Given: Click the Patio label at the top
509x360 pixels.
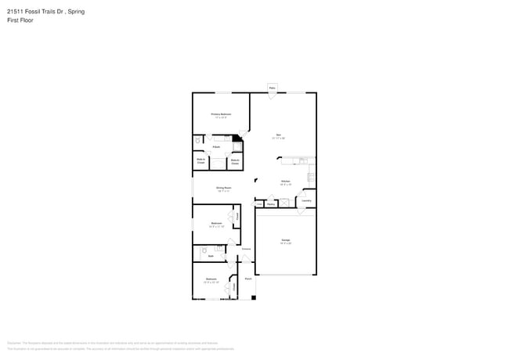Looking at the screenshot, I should click(x=273, y=88).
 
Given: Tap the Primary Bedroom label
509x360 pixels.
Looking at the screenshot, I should click(x=221, y=114).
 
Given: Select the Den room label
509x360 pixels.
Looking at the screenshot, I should click(x=278, y=135).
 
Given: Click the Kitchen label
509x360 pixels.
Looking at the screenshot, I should click(x=287, y=182).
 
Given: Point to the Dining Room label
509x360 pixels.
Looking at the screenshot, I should click(x=223, y=188).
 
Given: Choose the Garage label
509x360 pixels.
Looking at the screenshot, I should click(x=286, y=241).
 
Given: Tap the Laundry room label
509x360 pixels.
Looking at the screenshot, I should click(x=306, y=200).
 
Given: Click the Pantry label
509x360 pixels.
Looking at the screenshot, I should click(x=271, y=204).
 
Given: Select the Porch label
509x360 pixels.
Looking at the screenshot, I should click(x=247, y=279).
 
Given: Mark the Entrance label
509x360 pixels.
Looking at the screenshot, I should click(x=245, y=249).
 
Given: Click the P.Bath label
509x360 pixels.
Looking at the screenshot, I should click(x=215, y=147).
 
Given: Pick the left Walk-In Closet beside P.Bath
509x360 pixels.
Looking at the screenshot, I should click(x=201, y=162).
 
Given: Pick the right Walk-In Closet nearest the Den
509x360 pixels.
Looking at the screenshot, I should click(x=234, y=162).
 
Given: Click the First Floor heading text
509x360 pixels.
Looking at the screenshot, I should click(x=20, y=20).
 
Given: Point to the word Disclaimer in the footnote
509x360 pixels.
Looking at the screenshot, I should click(x=14, y=343).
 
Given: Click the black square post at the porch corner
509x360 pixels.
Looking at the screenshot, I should click(x=254, y=297).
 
